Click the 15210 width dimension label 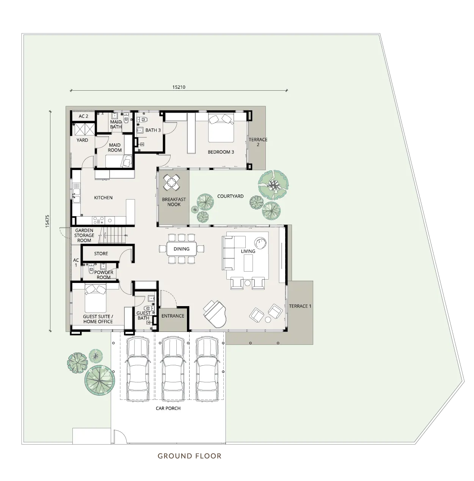179,87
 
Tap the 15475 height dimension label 47,221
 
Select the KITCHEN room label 103,198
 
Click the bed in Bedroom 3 221,128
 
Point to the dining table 182,249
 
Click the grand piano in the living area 215,314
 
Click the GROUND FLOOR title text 190,456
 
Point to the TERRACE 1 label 300,306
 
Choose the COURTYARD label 230,196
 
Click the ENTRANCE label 173,316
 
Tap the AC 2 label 83,116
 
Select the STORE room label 101,254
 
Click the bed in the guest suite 96,299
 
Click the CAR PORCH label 168,409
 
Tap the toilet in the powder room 91,270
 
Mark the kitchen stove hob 98,220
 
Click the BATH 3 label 153,130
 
